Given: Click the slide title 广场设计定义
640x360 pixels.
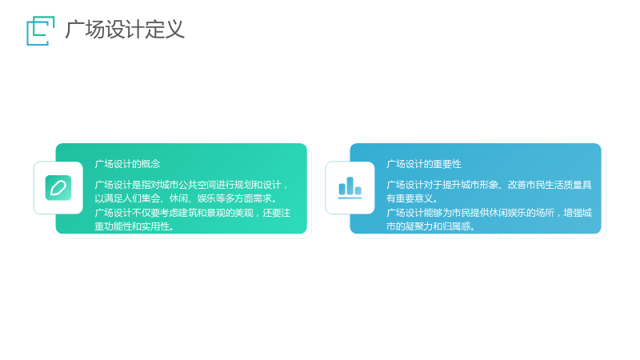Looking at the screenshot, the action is [125, 30].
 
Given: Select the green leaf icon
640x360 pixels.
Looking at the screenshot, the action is [58, 188].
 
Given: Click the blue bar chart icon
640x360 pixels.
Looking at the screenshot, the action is [350, 188].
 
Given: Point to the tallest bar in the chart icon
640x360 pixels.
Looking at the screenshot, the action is [350, 186].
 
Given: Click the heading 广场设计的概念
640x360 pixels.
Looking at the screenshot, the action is [127, 164].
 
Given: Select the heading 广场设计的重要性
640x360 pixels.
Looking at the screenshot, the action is [424, 164].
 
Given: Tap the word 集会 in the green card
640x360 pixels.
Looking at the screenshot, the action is [150, 198].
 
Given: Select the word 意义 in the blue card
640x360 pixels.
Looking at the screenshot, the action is [424, 198].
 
